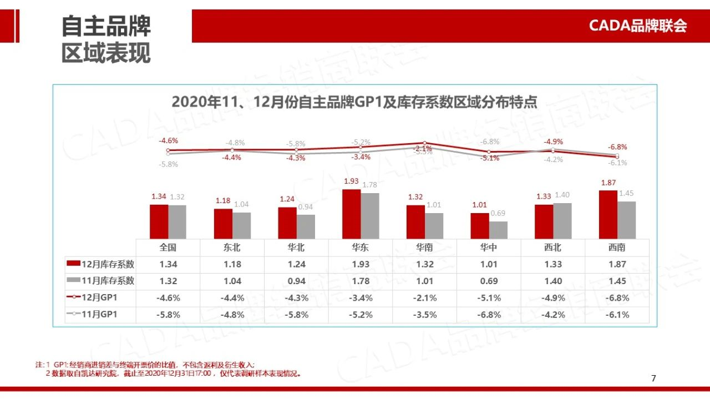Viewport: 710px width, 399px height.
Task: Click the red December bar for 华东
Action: tap(351, 214)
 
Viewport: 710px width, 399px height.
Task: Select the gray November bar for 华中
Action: tap(498, 230)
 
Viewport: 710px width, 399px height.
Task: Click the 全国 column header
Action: tap(168, 248)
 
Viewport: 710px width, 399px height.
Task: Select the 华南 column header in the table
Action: tap(424, 248)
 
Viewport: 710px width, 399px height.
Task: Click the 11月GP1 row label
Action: tap(100, 315)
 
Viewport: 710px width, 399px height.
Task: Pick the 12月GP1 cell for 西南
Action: tap(618, 298)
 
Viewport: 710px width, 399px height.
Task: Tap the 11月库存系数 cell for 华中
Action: tap(489, 281)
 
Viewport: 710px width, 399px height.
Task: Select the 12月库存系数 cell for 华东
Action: tap(360, 265)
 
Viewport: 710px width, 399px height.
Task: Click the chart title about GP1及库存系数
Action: tap(354, 103)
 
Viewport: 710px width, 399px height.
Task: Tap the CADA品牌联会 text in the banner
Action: tap(637, 26)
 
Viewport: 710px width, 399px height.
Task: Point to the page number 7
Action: tap(653, 378)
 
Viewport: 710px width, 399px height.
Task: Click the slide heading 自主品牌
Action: tap(106, 26)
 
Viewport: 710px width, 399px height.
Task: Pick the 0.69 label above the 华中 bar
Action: tap(498, 214)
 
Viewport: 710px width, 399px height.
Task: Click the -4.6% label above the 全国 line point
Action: tap(168, 140)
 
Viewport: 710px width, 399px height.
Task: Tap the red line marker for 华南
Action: tap(424, 143)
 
